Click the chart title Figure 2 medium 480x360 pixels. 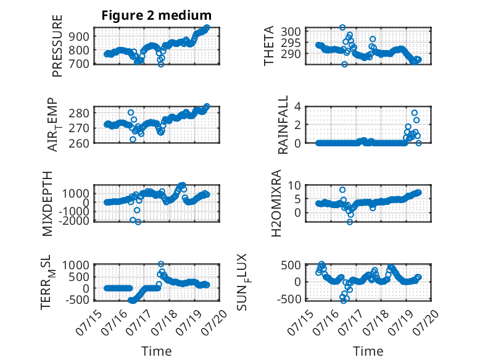[157, 15]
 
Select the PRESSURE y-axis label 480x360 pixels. [57, 46]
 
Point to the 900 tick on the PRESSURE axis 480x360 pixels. [79, 36]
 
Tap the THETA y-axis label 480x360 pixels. [268, 46]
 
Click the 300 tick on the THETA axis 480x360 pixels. [291, 31]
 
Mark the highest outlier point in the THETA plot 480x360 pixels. [342, 27]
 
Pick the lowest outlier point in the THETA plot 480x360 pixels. [344, 64]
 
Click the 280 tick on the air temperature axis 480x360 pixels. [79, 114]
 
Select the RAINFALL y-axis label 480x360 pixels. [283, 125]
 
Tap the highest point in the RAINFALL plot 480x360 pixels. [415, 113]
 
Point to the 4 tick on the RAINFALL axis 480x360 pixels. [297, 107]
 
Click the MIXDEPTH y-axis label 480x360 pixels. [48, 204]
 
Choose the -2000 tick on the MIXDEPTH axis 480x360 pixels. [76, 220]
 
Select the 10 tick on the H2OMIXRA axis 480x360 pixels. [294, 185]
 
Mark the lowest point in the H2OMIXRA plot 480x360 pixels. [350, 222]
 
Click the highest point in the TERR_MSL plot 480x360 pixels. [161, 264]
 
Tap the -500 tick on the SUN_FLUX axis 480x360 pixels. [289, 299]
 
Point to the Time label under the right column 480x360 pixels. [368, 351]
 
